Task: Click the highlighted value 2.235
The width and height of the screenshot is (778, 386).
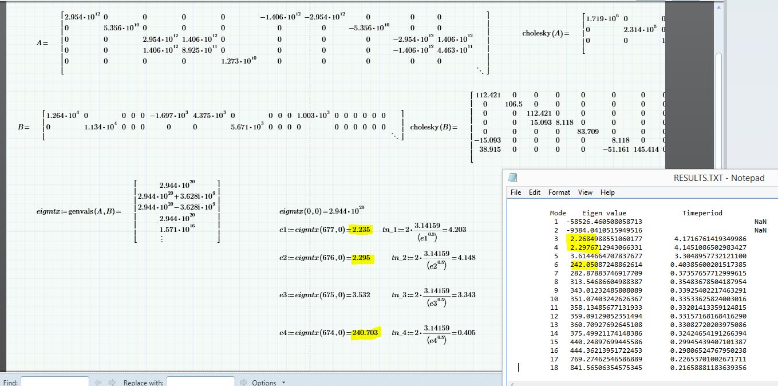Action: coord(361,229)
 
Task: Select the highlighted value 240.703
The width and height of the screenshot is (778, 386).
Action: coord(365,333)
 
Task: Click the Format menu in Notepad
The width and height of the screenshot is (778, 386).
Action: coord(559,192)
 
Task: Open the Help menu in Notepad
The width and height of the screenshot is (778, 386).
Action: coord(607,192)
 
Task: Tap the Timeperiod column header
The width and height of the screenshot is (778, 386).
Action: coord(702,213)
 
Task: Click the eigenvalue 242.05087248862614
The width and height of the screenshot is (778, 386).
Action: coord(606,265)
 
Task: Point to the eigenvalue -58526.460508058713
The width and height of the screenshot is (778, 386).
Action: coord(604,222)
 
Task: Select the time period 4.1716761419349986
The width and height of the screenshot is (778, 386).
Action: coord(710,239)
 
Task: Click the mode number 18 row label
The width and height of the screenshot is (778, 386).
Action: coord(554,368)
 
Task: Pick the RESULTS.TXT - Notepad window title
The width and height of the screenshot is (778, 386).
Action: coord(719,178)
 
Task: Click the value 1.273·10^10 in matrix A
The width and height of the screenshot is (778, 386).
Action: coord(239,61)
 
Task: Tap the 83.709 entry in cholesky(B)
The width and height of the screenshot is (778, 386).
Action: coord(588,131)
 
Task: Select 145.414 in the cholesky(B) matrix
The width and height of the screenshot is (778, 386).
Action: coord(646,149)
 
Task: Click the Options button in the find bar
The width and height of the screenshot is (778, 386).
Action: coord(263,383)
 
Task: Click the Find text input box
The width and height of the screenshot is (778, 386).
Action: coord(54,382)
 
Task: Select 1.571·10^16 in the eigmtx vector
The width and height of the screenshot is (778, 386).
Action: coord(177,229)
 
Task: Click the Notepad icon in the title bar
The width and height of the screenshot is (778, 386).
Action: coord(512,178)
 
